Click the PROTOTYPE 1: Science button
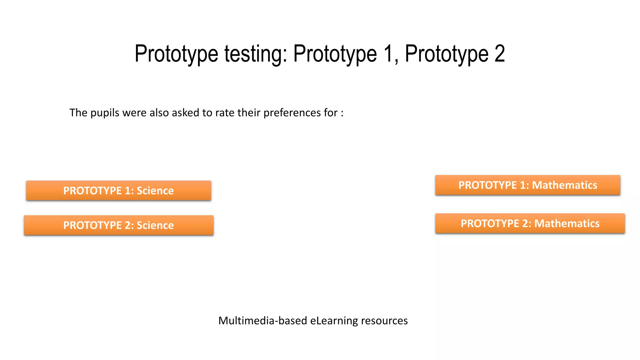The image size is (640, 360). (118, 190)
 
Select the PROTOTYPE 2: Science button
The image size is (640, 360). (118, 225)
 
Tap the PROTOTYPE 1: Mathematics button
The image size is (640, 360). (527, 185)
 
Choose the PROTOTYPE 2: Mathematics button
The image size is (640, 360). (530, 223)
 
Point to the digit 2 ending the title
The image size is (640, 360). (499, 54)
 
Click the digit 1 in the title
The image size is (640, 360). (387, 54)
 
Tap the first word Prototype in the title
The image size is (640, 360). (176, 54)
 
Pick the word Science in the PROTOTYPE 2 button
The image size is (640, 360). (155, 225)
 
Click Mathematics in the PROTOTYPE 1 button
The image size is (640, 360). (564, 185)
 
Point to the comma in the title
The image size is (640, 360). (396, 61)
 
